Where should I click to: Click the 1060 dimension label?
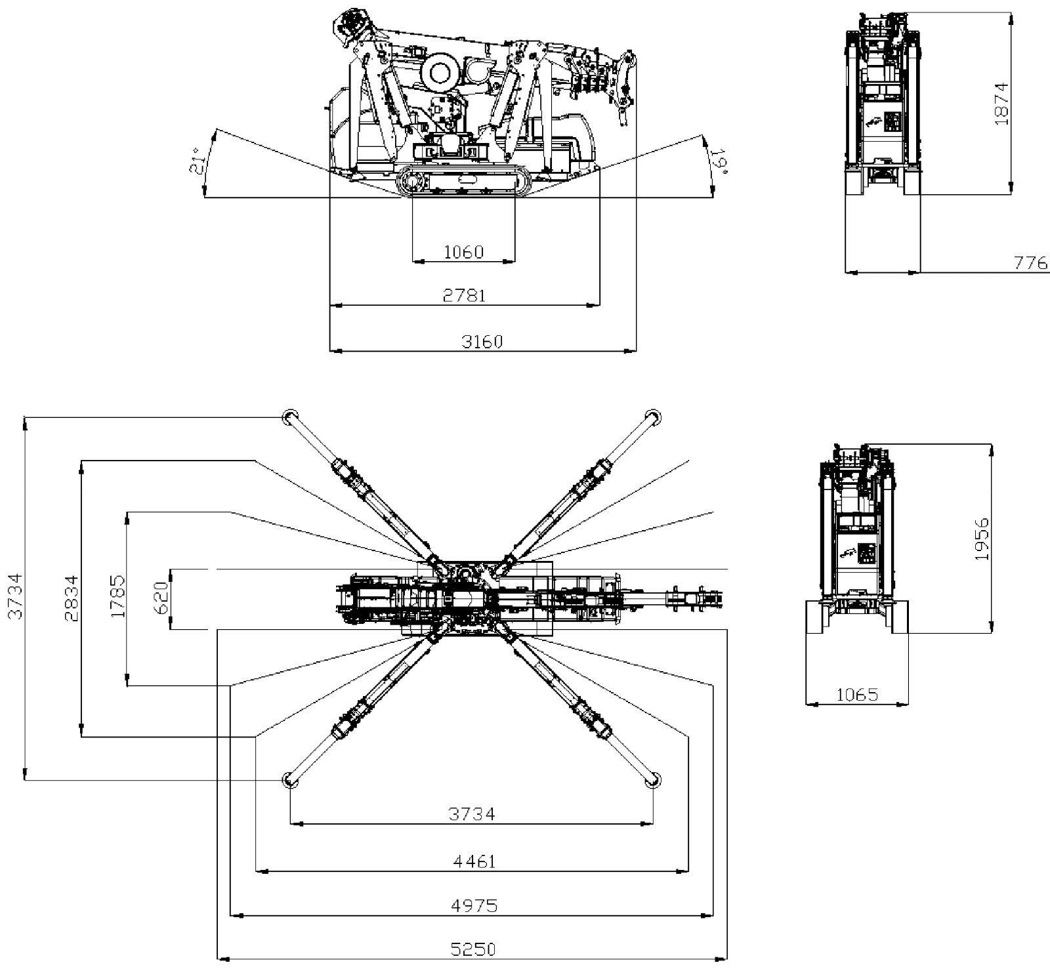(x=463, y=252)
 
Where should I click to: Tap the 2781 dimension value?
(x=464, y=296)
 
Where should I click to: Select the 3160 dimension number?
(x=482, y=342)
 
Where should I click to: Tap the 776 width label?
(x=1031, y=263)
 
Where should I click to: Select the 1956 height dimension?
(x=982, y=539)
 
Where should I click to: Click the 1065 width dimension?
(x=857, y=695)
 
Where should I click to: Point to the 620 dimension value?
(x=162, y=596)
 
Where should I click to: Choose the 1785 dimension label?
(x=119, y=596)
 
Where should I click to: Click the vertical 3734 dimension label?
(x=16, y=596)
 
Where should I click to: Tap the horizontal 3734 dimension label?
(x=472, y=814)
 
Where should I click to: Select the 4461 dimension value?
(x=474, y=861)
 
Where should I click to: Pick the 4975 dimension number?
(x=474, y=906)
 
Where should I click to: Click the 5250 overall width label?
(x=473, y=949)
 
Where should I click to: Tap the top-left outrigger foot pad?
(x=290, y=417)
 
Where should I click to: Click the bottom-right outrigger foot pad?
(x=653, y=780)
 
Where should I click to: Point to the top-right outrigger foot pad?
(x=652, y=417)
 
